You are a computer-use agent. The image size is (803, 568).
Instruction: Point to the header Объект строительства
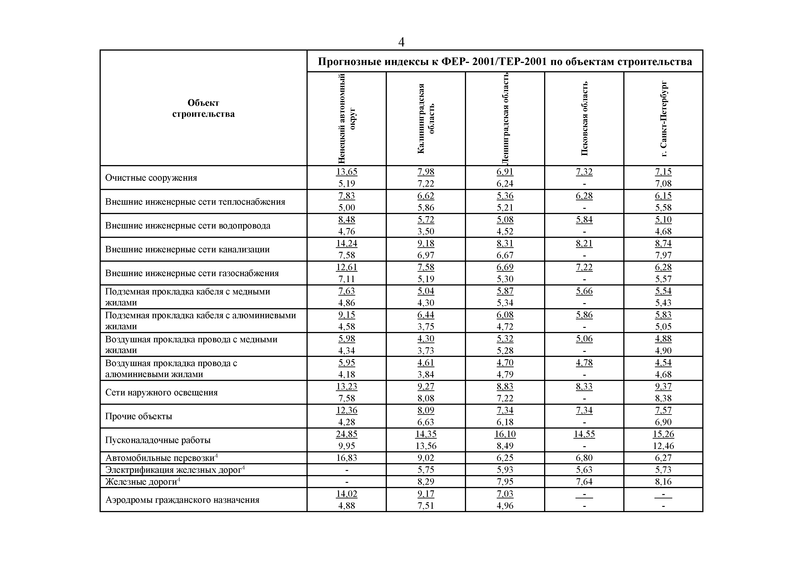tap(203, 108)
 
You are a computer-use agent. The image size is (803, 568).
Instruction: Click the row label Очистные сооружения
tap(151, 178)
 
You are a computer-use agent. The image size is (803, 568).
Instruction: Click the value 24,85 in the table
tap(347, 434)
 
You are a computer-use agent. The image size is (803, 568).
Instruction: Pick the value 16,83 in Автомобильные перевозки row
tap(347, 458)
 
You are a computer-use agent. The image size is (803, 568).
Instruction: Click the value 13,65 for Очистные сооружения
tap(347, 172)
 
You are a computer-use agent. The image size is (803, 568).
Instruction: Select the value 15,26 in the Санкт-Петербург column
tap(663, 434)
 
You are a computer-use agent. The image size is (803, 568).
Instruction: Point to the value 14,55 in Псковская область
tap(584, 434)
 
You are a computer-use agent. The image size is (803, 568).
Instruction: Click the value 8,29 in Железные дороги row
tap(426, 482)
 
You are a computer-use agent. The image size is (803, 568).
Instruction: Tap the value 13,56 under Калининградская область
tap(426, 446)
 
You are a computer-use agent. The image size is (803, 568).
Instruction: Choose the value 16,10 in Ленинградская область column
tap(505, 434)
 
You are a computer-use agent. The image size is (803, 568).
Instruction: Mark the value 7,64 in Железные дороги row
tap(584, 482)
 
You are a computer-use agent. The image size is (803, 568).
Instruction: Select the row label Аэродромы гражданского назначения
tap(182, 500)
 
